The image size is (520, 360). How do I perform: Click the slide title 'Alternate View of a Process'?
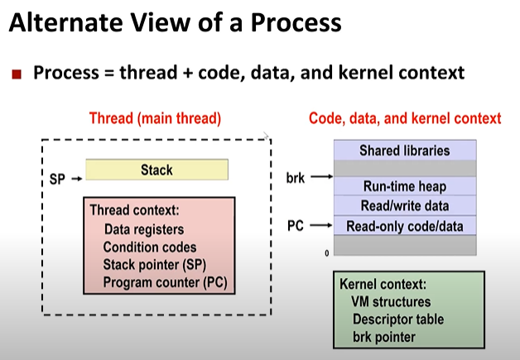point(175,22)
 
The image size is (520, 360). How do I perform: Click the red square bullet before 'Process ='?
point(17,74)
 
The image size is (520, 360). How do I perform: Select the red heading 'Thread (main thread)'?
point(155,118)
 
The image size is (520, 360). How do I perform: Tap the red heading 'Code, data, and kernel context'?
point(404,118)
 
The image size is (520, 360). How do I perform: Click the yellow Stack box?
point(156,170)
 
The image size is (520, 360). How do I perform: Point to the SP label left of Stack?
point(57,178)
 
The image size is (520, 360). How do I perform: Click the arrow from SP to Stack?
point(75,178)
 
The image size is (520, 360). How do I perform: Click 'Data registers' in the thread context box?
point(144,229)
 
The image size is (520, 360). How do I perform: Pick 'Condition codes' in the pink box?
point(150,247)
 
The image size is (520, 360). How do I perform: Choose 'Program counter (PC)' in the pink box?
point(165,283)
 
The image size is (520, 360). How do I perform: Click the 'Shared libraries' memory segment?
point(404,151)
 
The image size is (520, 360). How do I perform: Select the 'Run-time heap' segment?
point(404,186)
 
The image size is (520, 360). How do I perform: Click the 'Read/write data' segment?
point(404,205)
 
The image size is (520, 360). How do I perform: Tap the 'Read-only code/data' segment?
point(404,225)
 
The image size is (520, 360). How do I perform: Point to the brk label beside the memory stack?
point(295,177)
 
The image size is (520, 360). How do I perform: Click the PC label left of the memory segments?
point(296,224)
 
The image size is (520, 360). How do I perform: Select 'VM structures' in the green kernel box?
point(391,301)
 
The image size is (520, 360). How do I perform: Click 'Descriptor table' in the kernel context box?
point(397,319)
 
